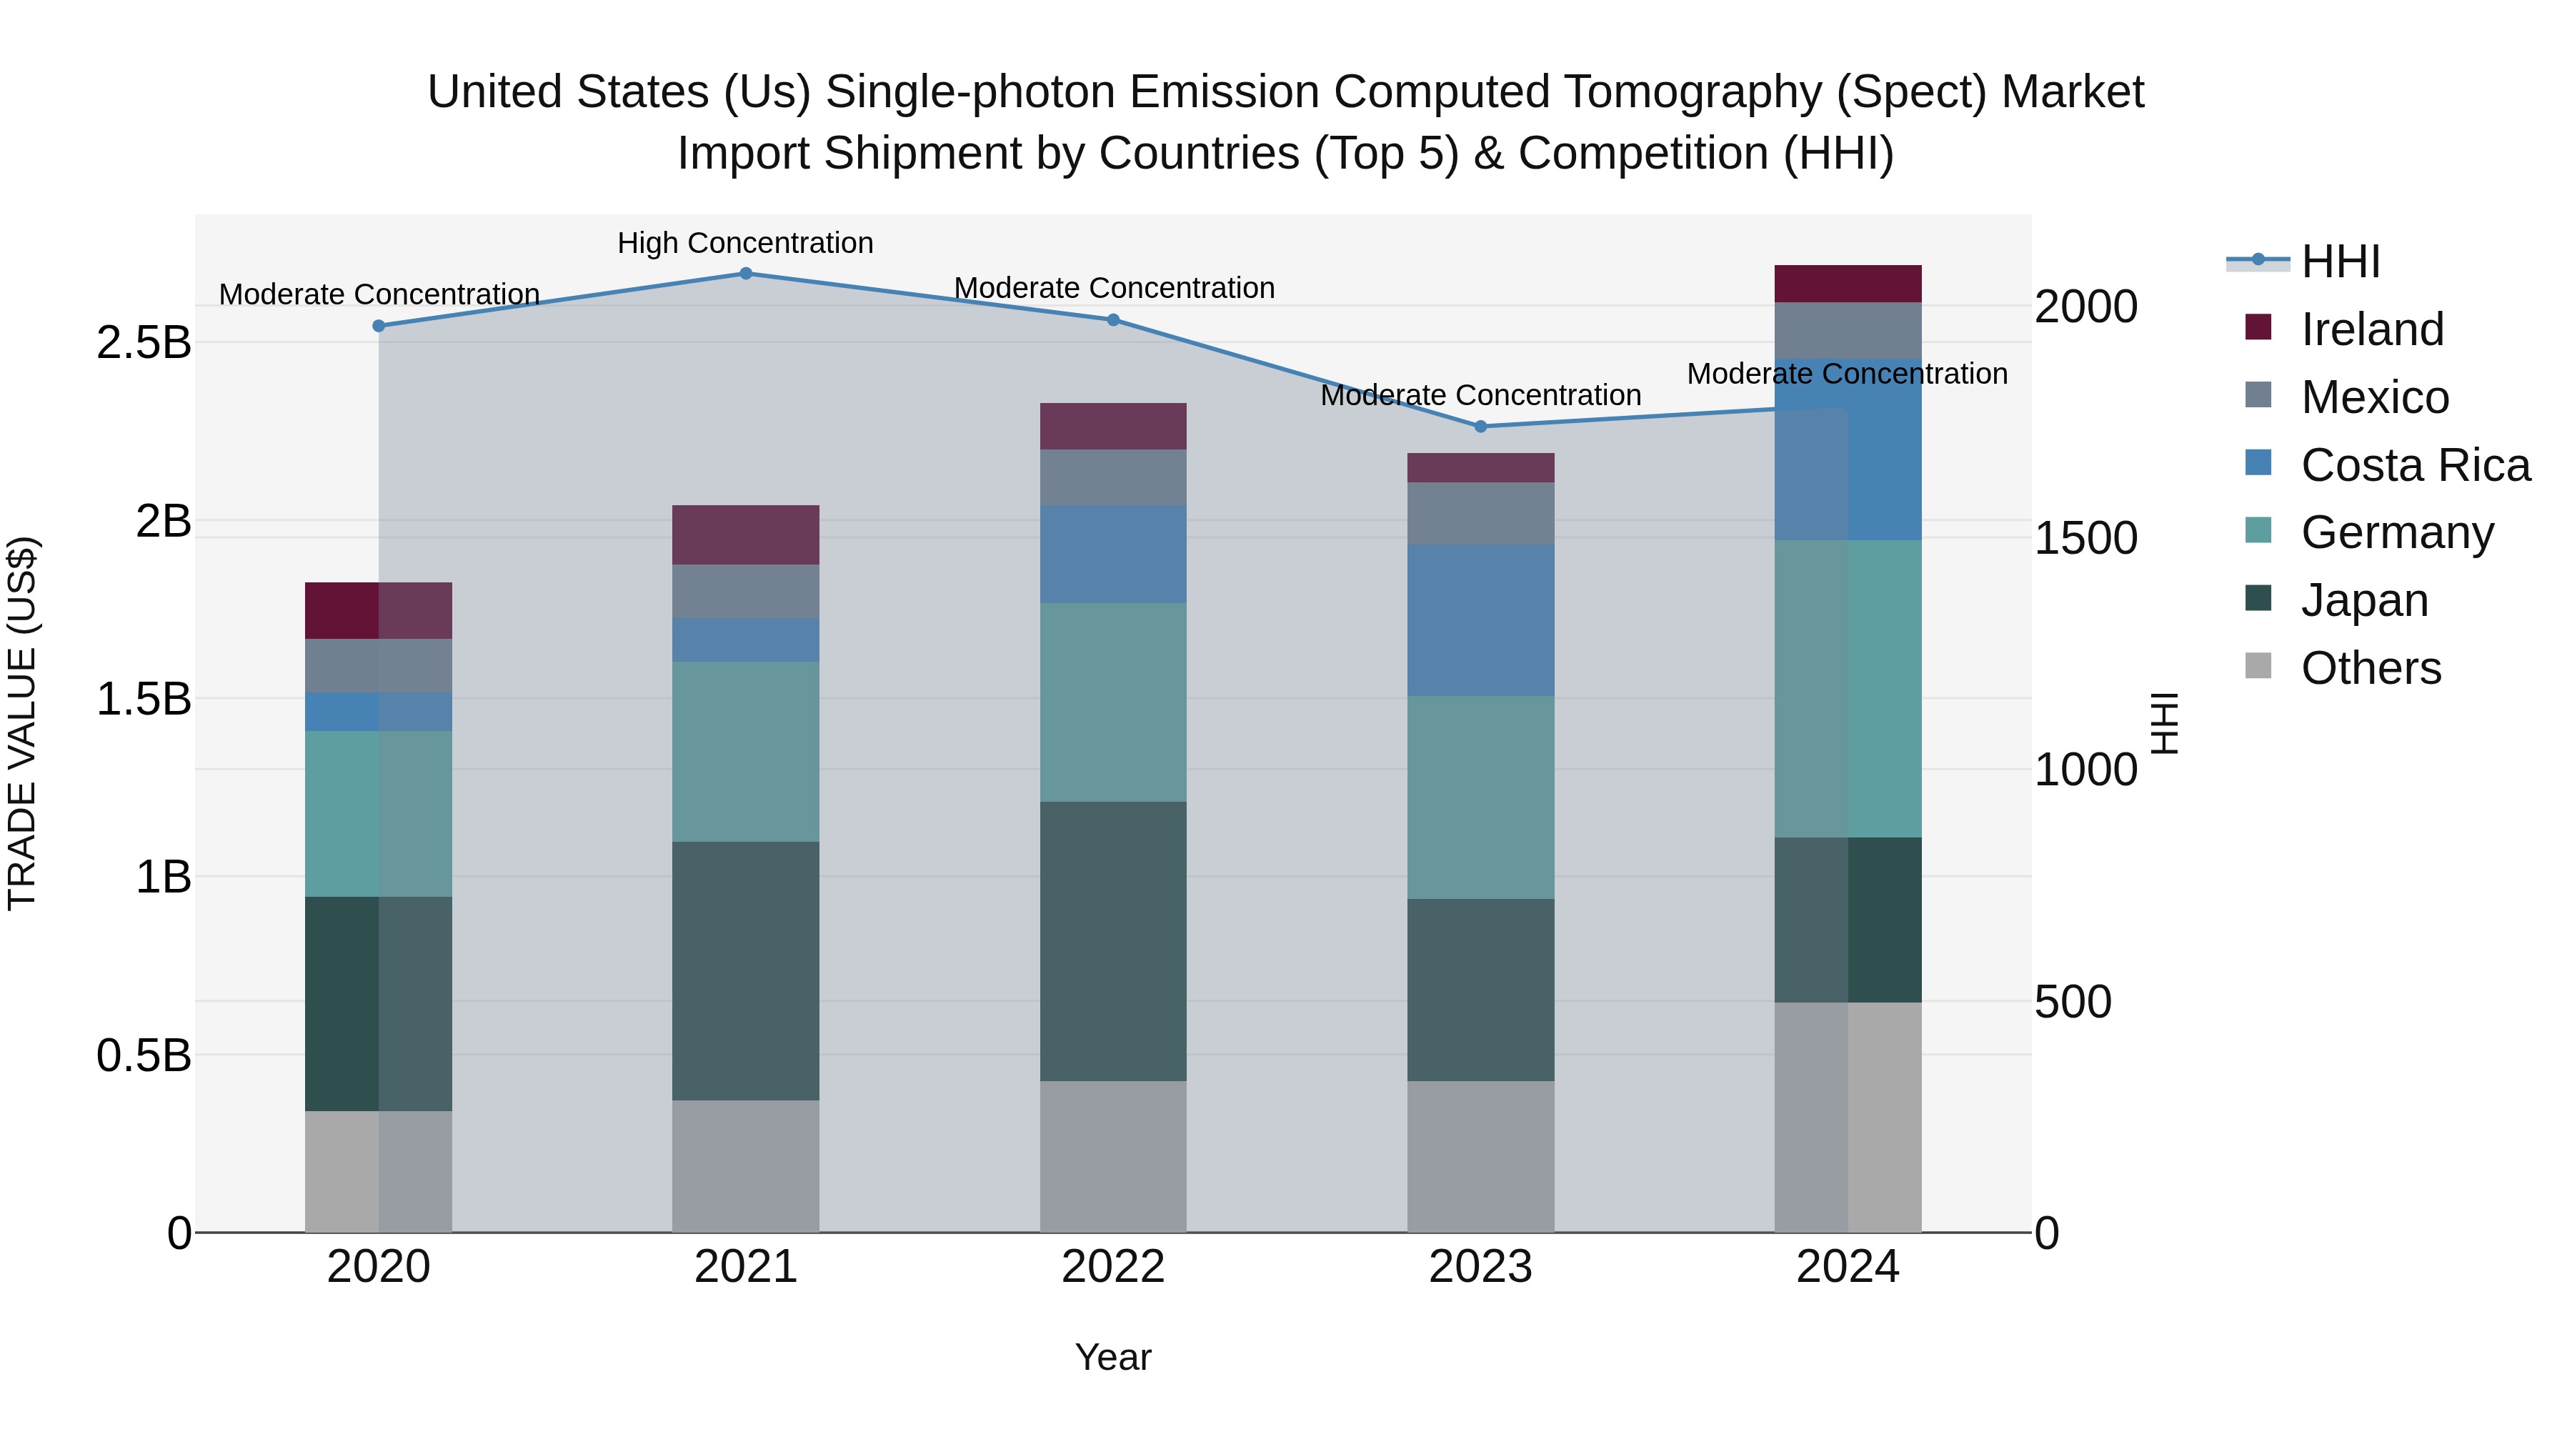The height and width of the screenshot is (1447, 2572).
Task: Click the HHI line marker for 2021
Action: click(x=746, y=274)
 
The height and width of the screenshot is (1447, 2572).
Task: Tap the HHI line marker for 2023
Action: click(x=1481, y=427)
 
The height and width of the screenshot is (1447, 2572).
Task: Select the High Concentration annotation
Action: click(x=745, y=243)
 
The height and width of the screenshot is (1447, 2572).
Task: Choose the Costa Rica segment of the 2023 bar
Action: click(x=1481, y=620)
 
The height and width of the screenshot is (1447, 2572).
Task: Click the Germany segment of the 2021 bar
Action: click(x=746, y=751)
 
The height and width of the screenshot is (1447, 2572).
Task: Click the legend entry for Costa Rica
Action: click(x=2414, y=465)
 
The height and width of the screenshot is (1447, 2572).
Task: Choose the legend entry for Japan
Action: click(x=2363, y=600)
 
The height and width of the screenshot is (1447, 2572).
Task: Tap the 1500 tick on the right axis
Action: click(x=2085, y=538)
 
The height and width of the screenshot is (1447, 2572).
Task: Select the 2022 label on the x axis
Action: click(x=1113, y=1267)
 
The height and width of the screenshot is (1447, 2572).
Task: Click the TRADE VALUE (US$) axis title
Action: click(x=22, y=723)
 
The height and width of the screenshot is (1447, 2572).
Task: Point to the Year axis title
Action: click(x=1113, y=1357)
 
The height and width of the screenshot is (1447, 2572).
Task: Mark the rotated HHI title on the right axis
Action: click(x=2163, y=723)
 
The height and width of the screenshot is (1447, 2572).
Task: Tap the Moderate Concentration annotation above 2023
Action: click(x=1481, y=395)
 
